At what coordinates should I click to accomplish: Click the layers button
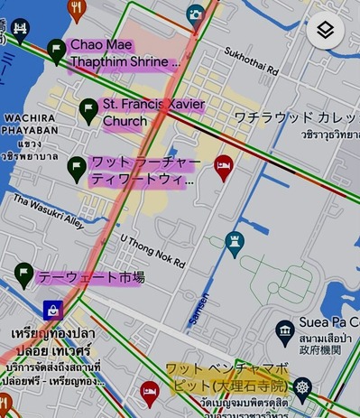click(x=325, y=30)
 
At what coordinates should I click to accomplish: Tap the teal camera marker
click(x=195, y=14)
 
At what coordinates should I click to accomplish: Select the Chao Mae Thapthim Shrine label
click(x=124, y=53)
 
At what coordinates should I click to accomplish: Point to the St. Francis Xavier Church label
click(x=152, y=113)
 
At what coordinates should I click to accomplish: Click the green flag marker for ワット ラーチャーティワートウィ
click(x=77, y=168)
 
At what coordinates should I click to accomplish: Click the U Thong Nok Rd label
click(x=152, y=250)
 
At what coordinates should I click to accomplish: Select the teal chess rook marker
click(x=235, y=244)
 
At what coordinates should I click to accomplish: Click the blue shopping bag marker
click(x=51, y=310)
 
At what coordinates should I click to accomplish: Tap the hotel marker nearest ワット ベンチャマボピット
click(x=149, y=392)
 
